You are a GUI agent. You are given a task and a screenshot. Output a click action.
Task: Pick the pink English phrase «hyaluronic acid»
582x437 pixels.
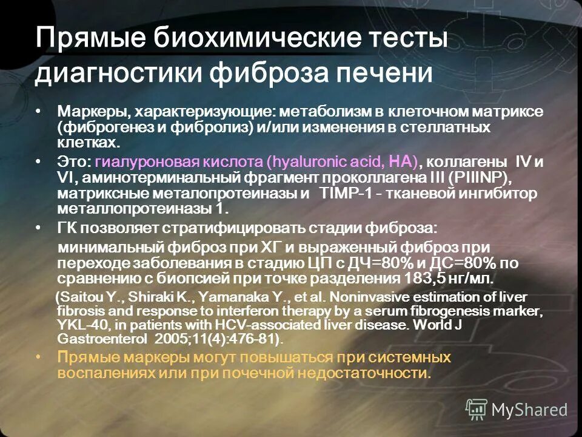pyautogui.click(x=320, y=162)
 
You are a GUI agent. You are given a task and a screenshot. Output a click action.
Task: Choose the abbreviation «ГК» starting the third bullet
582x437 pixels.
pyautogui.click(x=69, y=228)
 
